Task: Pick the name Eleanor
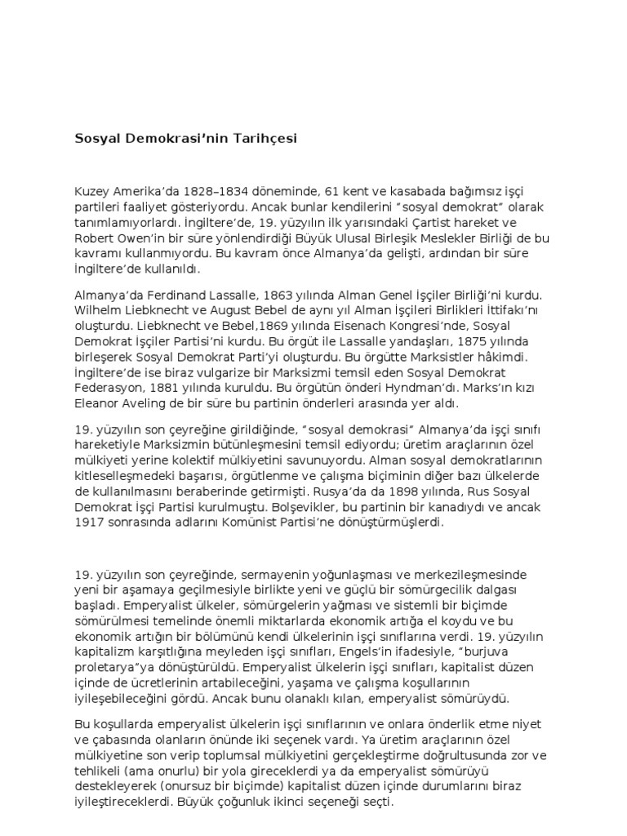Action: [x=97, y=403]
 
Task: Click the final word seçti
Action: [x=378, y=803]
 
